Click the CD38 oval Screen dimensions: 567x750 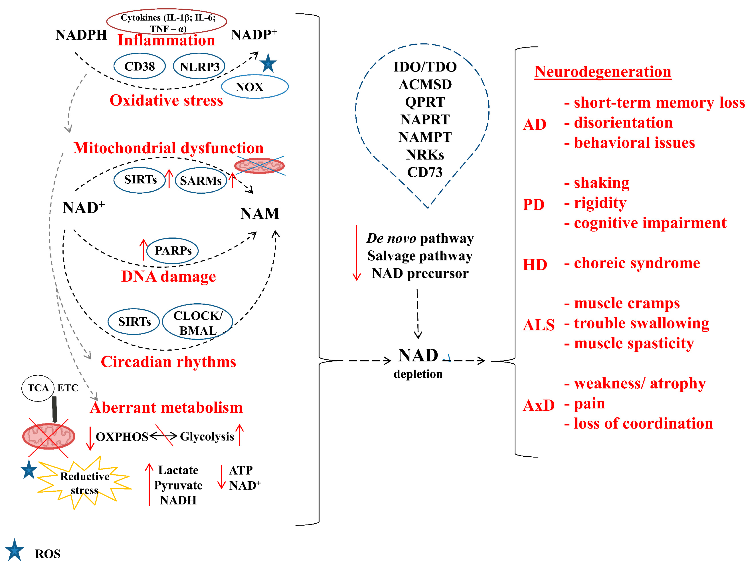pos(139,66)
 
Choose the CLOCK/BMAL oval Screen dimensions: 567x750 pos(198,322)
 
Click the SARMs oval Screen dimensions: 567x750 pos(201,181)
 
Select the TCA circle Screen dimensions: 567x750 pos(38,388)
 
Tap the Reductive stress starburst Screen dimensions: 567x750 pos(84,483)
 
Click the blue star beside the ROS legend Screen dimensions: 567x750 pos(14,550)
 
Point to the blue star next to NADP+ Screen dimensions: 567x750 pos(268,63)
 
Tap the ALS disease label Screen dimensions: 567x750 pos(538,325)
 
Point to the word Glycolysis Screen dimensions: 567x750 pos(207,436)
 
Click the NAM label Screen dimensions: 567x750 pos(260,213)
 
